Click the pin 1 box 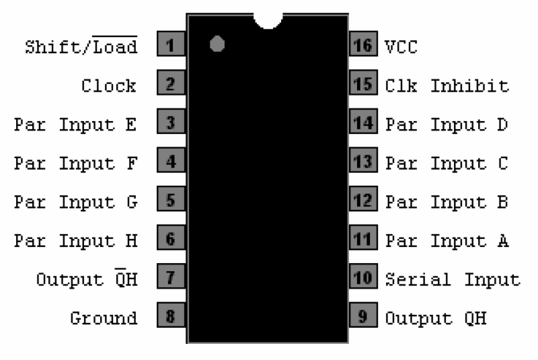pyautogui.click(x=171, y=44)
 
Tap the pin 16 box pyautogui.click(x=363, y=44)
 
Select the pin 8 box pyautogui.click(x=171, y=315)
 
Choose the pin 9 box pyautogui.click(x=363, y=315)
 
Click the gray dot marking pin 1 pyautogui.click(x=217, y=44)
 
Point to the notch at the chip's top pyautogui.click(x=268, y=21)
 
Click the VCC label pyautogui.click(x=401, y=47)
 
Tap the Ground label pyautogui.click(x=104, y=318)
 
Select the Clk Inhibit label pyautogui.click(x=447, y=86)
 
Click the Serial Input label pyautogui.click(x=453, y=279)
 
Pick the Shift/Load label pyautogui.click(x=81, y=45)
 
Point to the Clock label pyautogui.click(x=109, y=86)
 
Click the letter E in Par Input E pyautogui.click(x=131, y=124)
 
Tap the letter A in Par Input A pyautogui.click(x=503, y=241)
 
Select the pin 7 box pyautogui.click(x=171, y=277)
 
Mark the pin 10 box pyautogui.click(x=363, y=277)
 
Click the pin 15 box pyautogui.click(x=363, y=82)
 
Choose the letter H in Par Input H pyautogui.click(x=131, y=241)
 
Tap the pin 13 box pyautogui.click(x=363, y=160)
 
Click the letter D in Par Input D pyautogui.click(x=502, y=124)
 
